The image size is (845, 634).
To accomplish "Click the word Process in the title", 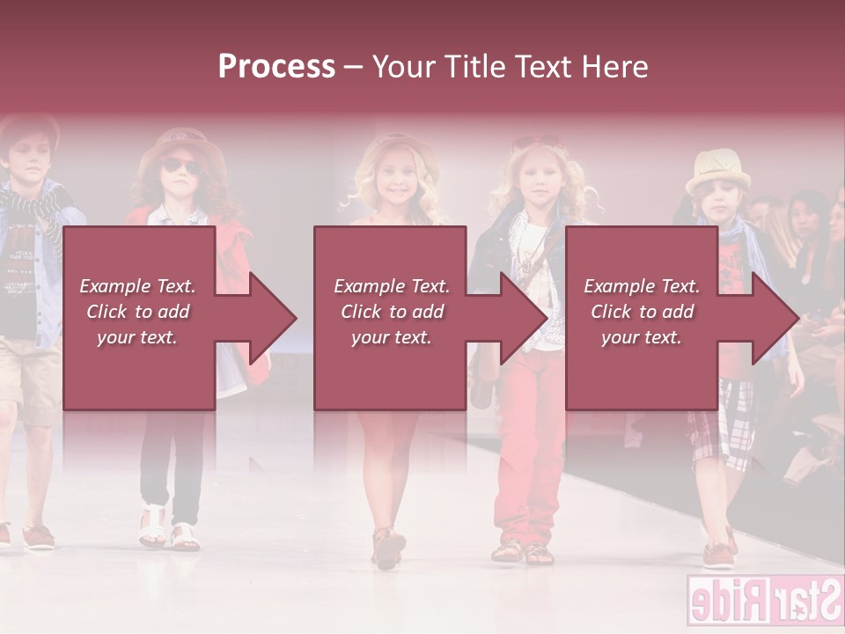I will tap(276, 67).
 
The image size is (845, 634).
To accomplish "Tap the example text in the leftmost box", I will tap(137, 312).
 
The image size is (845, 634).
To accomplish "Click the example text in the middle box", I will tap(391, 312).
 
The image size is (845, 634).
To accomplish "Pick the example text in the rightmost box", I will tap(642, 312).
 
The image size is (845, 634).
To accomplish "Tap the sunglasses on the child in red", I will tap(180, 166).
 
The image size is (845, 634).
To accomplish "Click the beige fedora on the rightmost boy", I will tap(717, 170).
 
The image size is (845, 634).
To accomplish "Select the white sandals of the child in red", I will tap(167, 529).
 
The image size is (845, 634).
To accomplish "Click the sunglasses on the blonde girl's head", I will tap(537, 142).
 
